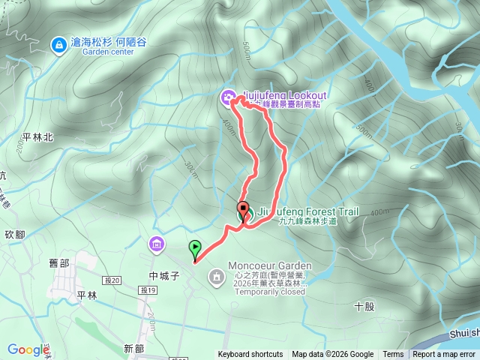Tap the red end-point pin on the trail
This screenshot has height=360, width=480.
pos(243,209)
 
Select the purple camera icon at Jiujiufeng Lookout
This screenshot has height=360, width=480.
pos(227,96)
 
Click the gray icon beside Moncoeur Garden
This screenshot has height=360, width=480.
pos(217,277)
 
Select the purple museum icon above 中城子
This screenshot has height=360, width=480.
pos(156,244)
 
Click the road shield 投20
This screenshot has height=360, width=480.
pos(113,280)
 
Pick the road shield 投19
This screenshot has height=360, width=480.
pos(147,291)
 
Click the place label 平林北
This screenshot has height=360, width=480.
pos(37,137)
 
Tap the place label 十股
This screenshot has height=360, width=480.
pos(364,306)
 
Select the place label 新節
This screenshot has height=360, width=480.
pos(133,349)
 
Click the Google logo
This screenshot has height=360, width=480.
pos(28,349)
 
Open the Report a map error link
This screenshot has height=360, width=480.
pos(444,355)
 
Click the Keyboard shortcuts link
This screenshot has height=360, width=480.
pos(250,355)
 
